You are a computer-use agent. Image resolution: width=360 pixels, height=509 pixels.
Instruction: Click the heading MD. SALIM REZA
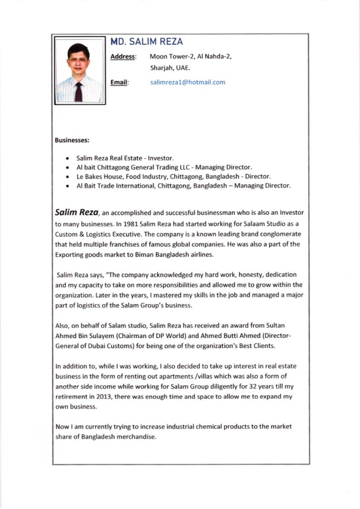pos(146,42)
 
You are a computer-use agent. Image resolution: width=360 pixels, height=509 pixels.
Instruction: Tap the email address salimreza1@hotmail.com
pos(187,82)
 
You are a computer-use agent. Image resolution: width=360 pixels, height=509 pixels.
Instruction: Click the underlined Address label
pos(122,57)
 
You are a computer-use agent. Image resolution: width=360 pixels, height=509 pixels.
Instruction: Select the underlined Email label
pos(119,82)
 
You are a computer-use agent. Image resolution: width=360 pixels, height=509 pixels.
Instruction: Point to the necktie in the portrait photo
pos(78,92)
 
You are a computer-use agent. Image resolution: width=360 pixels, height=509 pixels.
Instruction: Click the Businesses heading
pos(72,141)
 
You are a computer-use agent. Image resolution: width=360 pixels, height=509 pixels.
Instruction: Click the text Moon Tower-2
pos(172,57)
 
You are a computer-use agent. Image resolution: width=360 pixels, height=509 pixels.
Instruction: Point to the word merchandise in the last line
pos(136,437)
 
